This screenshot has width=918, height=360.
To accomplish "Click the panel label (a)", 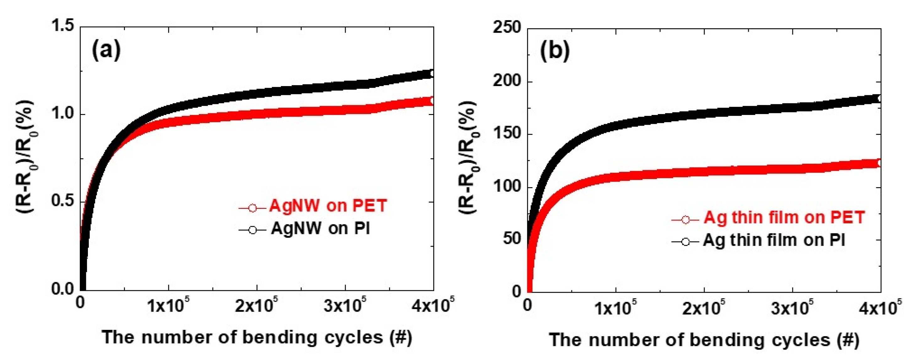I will [106, 50].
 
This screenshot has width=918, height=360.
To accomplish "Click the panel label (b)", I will [554, 51].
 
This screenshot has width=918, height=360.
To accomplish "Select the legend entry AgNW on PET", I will [328, 206].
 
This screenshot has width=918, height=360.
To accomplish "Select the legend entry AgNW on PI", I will [320, 228].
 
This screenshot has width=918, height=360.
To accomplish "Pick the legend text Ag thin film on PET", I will [784, 217].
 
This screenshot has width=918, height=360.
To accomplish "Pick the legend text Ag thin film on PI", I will [774, 240].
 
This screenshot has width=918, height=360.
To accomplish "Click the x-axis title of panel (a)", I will [256, 337].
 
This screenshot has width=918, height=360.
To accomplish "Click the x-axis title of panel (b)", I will [704, 339].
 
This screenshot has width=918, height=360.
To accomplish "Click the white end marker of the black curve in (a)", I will [432, 74].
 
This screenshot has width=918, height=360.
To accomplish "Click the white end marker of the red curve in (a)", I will [432, 101].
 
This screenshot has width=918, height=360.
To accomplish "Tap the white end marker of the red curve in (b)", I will [879, 163].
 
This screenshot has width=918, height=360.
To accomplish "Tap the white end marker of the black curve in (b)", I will [879, 98].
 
